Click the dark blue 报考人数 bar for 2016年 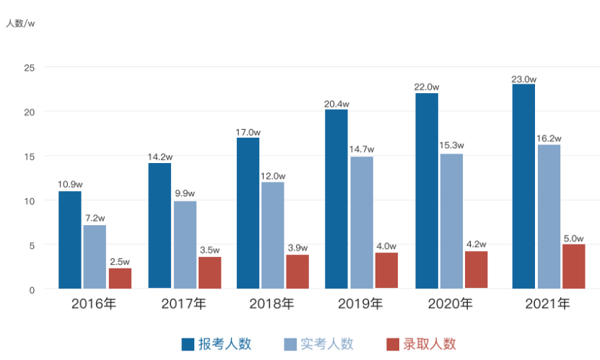69,240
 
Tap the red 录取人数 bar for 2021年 573,266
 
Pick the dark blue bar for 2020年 426,190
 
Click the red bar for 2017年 209,273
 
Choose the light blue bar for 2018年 272,235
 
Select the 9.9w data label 184,193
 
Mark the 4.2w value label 476,244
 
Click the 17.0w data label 248,132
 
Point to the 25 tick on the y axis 30,67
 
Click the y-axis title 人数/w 21,24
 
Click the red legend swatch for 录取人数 394,344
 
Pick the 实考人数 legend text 328,344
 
